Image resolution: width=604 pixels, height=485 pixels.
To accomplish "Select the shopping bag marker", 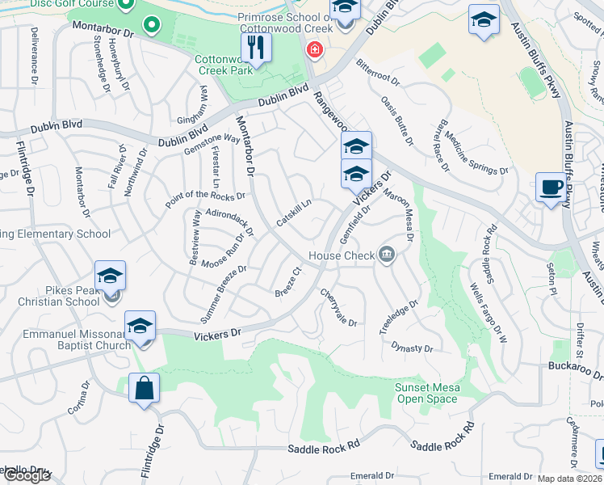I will coord(144,388).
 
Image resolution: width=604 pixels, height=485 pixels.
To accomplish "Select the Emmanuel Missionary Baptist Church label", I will coord(65,339).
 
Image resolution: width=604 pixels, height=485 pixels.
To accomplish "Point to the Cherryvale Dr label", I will coord(338,307).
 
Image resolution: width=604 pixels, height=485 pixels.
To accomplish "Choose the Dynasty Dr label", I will coord(412,348).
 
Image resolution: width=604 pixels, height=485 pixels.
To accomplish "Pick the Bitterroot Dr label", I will coord(378,77).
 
